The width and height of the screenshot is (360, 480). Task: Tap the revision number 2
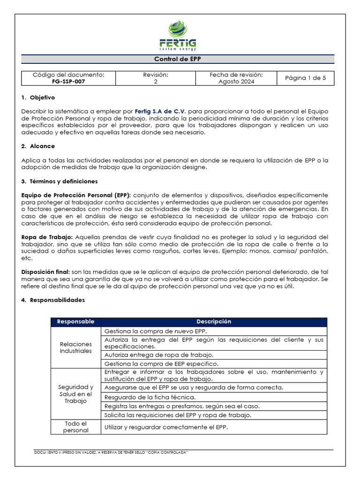point(155,81)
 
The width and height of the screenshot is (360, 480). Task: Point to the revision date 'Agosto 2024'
point(236,81)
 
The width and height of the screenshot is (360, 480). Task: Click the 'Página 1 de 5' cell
point(305,78)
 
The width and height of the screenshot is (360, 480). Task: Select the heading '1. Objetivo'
point(38,98)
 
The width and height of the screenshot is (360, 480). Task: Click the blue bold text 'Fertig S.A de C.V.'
point(160,112)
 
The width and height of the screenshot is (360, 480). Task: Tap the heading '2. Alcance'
point(38,146)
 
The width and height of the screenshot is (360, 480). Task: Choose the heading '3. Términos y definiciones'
point(60,181)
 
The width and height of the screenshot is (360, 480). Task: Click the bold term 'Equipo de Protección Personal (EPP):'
point(77,195)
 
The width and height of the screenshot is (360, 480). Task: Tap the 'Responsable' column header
point(75,322)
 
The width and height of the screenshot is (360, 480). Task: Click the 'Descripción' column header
point(214,322)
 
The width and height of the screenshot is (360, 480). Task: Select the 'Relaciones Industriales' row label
point(75,347)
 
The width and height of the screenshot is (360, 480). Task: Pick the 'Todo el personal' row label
point(75,427)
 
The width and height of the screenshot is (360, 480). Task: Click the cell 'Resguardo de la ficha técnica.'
point(150,397)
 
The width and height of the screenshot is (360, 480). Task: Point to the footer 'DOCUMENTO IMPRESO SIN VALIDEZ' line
point(111,452)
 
